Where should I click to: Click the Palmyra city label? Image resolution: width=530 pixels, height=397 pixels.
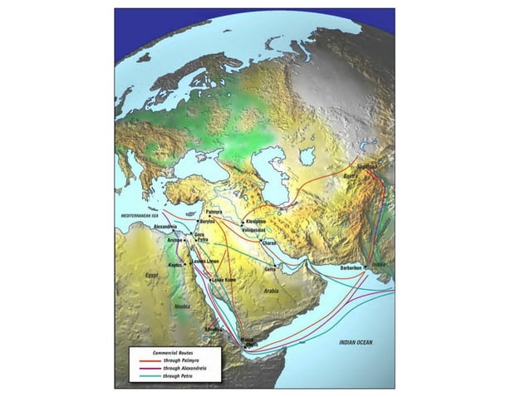pos(214,213)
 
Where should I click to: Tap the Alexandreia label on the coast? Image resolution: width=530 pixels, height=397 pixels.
pos(166,226)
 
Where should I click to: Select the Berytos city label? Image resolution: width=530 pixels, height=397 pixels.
pos(209,223)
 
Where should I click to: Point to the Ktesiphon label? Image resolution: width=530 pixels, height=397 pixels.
pos(255,222)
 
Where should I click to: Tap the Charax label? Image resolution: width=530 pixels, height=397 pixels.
pos(268,243)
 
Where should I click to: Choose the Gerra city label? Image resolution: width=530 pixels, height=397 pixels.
pos(269,269)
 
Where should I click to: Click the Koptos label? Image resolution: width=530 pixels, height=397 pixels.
pos(175,265)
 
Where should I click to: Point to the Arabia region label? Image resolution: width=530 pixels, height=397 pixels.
pos(271,292)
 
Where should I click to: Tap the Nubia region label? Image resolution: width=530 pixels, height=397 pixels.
pos(182,306)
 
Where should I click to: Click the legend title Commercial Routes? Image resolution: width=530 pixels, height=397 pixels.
pos(161,353)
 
